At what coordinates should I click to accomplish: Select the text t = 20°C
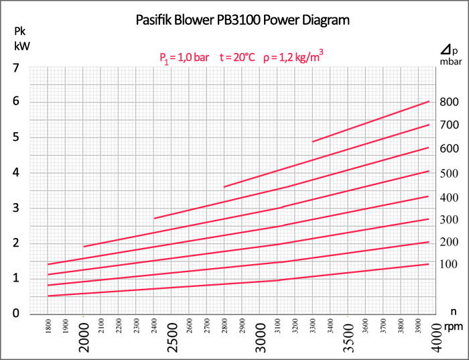tap(237, 58)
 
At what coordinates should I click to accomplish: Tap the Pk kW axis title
tap(21, 39)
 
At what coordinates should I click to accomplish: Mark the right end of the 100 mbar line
tap(429, 264)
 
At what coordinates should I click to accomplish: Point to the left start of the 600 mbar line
tap(155, 219)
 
